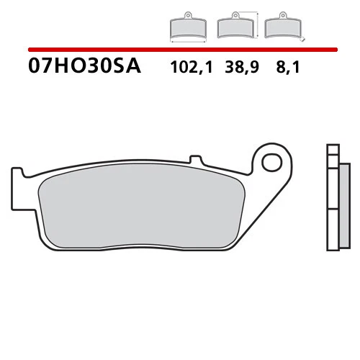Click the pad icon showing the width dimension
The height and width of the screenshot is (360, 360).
pyautogui.click(x=186, y=27)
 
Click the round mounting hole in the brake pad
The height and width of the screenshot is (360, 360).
pyautogui.click(x=272, y=162)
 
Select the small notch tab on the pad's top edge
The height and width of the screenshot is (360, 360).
pyautogui.click(x=192, y=159)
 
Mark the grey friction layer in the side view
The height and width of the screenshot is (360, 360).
pyautogui.click(x=343, y=205)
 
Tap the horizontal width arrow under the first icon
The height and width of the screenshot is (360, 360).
pyautogui.click(x=186, y=40)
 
